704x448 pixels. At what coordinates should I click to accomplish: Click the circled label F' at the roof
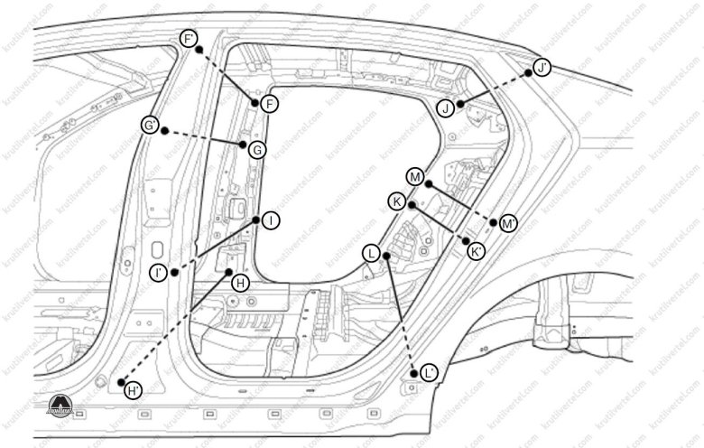click(190, 39)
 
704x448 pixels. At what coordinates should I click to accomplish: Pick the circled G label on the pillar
click(257, 150)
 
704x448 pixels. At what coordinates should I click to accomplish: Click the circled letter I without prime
click(269, 219)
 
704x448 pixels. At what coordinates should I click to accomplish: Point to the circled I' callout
click(159, 271)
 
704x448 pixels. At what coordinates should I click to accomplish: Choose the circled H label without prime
click(239, 283)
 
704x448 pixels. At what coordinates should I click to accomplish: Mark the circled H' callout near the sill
click(133, 390)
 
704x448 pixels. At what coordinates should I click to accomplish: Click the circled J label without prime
click(446, 108)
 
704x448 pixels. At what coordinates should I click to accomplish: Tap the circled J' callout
click(542, 68)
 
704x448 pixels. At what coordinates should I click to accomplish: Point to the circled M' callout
click(508, 222)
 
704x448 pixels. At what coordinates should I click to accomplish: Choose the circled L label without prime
click(371, 254)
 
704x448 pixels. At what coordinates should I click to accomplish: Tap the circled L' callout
click(428, 371)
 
